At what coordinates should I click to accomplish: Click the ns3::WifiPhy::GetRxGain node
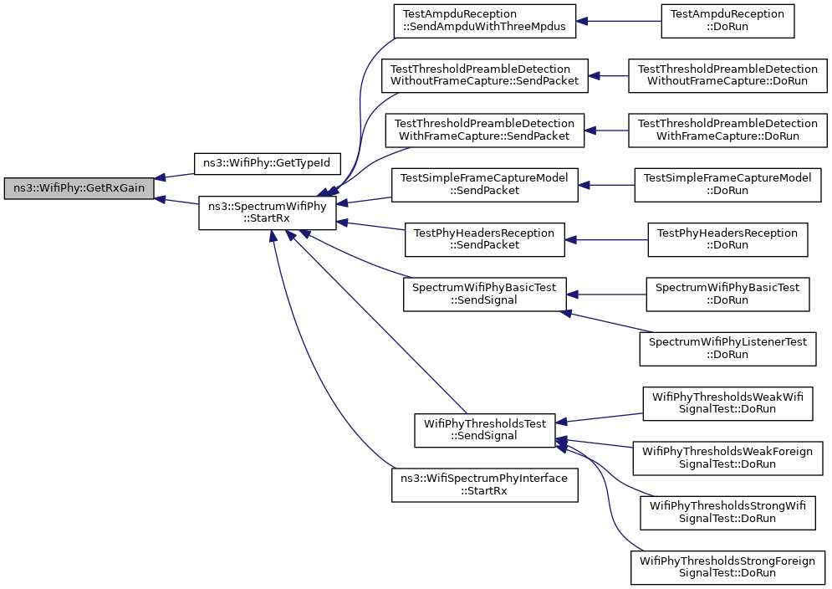point(79,188)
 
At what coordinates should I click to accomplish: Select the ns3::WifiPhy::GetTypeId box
point(267,163)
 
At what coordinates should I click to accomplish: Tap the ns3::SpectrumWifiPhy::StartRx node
point(267,213)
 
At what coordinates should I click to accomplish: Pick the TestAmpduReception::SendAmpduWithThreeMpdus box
point(484,21)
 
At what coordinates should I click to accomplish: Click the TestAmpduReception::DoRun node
point(727,21)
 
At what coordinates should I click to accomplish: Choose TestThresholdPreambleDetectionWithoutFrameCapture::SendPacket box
point(484,76)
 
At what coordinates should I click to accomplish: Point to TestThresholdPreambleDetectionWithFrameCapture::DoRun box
point(727,131)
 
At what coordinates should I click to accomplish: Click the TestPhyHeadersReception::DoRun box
point(727,240)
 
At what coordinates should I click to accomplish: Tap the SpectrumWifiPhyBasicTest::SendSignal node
point(484,294)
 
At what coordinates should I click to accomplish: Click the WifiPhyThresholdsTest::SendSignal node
point(484,431)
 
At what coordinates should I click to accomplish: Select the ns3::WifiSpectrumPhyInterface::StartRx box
point(484,485)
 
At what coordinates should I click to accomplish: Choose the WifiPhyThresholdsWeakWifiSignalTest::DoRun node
point(727,403)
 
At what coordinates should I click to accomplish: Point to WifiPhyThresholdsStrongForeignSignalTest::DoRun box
point(727,568)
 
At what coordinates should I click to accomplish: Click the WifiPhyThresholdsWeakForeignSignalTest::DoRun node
point(727,458)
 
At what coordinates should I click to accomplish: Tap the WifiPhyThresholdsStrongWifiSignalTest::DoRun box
point(727,513)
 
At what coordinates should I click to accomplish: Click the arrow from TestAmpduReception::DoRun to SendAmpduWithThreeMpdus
point(619,21)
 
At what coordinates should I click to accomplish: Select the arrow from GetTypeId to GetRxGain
point(174,176)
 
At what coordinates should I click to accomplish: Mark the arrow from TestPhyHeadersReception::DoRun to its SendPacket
point(606,240)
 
